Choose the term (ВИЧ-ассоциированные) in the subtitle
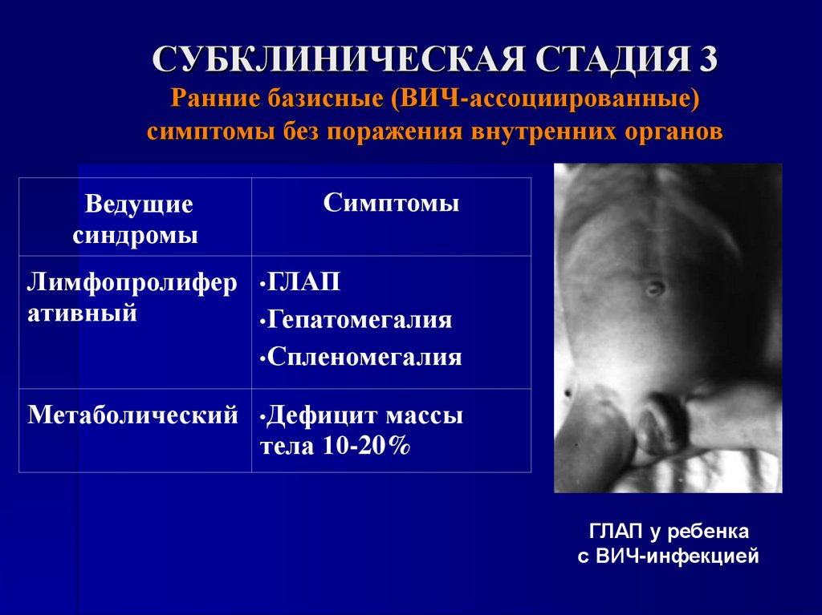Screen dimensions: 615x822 (x=547, y=101)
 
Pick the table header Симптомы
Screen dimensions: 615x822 (x=391, y=204)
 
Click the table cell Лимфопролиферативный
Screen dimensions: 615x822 (x=132, y=297)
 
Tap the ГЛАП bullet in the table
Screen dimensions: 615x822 (x=303, y=282)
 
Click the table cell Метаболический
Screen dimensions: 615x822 (x=133, y=415)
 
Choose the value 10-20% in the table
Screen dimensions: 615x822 (x=367, y=447)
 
